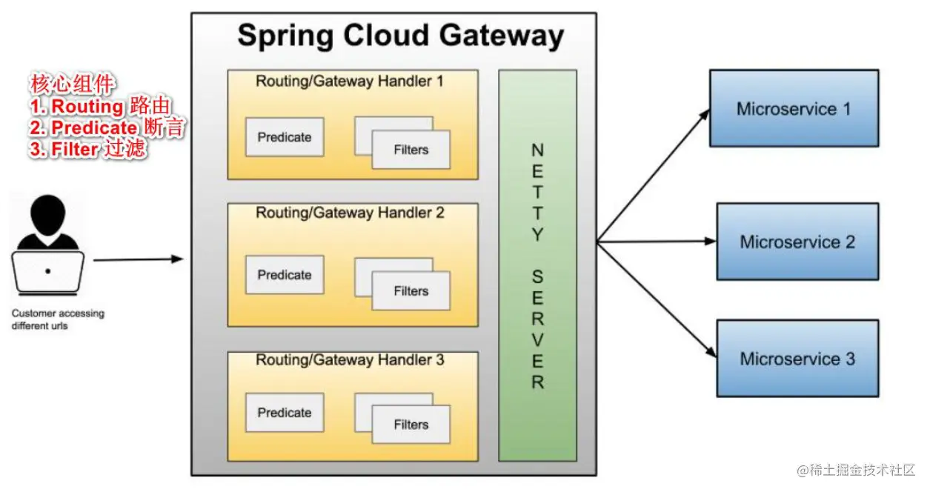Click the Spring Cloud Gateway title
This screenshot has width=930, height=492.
tap(400, 36)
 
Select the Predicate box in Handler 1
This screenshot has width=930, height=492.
tap(285, 137)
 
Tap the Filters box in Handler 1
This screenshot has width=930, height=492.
tap(411, 150)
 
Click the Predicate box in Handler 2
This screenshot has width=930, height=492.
tap(285, 275)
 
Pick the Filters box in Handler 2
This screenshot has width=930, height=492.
tap(411, 291)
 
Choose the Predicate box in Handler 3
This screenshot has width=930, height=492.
tap(285, 413)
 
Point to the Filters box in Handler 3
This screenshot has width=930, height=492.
tap(411, 425)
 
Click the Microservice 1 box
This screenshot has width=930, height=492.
tap(794, 109)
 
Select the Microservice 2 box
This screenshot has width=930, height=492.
tap(797, 242)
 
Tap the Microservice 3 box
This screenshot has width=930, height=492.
tap(797, 359)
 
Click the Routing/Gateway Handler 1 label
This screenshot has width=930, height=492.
tap(350, 82)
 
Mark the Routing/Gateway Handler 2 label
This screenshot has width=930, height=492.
tap(350, 213)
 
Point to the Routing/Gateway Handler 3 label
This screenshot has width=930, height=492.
tap(350, 361)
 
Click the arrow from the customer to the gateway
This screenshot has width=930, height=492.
tap(137, 259)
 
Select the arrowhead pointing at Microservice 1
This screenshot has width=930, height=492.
tap(704, 113)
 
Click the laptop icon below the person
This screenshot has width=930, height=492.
tap(48, 272)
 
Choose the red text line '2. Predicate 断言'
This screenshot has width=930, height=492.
tap(107, 128)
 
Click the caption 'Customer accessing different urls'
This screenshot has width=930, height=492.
tap(58, 319)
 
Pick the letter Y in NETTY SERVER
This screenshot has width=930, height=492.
tap(537, 235)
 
